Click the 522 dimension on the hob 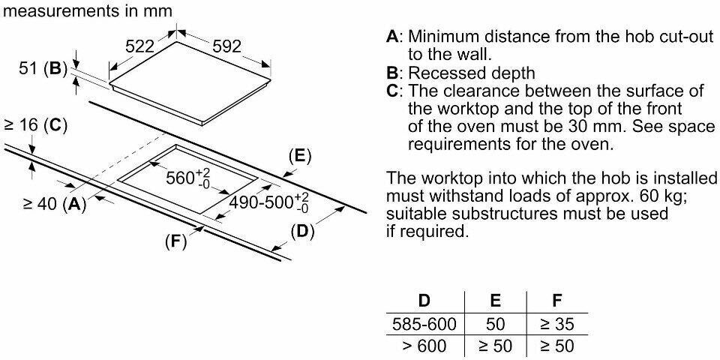(x=139, y=46)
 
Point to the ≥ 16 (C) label (x=35, y=125)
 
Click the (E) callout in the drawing (x=299, y=156)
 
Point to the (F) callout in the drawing (x=174, y=242)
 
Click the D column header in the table (x=424, y=302)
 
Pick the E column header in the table (x=495, y=302)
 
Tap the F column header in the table (x=556, y=302)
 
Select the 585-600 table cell (x=424, y=325)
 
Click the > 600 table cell (x=424, y=346)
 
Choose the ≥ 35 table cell (x=556, y=325)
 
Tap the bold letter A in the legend (x=391, y=37)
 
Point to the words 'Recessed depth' (x=472, y=73)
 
